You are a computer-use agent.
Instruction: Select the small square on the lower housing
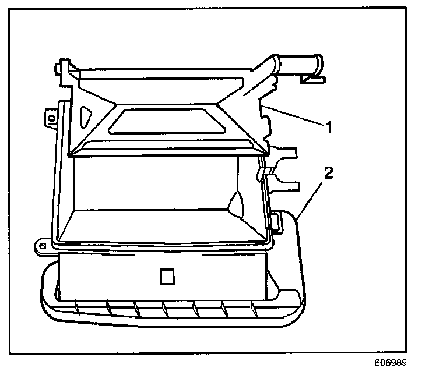[x=167, y=276]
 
